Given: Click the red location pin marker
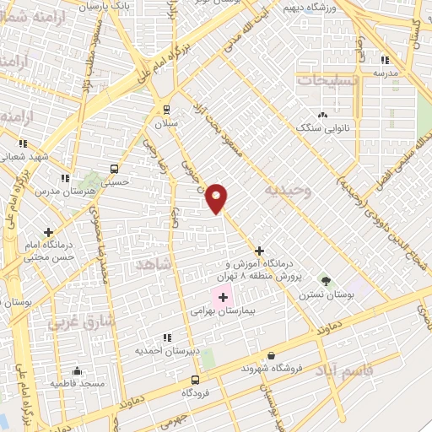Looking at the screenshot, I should coord(218,197).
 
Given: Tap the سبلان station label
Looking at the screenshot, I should coord(165,123).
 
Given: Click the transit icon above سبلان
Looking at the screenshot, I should coord(165,109).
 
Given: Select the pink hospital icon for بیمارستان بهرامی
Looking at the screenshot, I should coord(224,297).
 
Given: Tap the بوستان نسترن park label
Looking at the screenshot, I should coord(325,295).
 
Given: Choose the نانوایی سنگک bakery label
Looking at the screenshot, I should coord(323,128).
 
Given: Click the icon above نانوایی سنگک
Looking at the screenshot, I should coord(322,115).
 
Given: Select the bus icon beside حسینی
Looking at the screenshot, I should coord(114,168).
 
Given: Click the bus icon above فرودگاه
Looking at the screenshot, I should coord(196,380).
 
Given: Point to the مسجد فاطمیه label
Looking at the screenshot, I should coord(77,383).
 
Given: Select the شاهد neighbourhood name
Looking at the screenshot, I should coord(154,265).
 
